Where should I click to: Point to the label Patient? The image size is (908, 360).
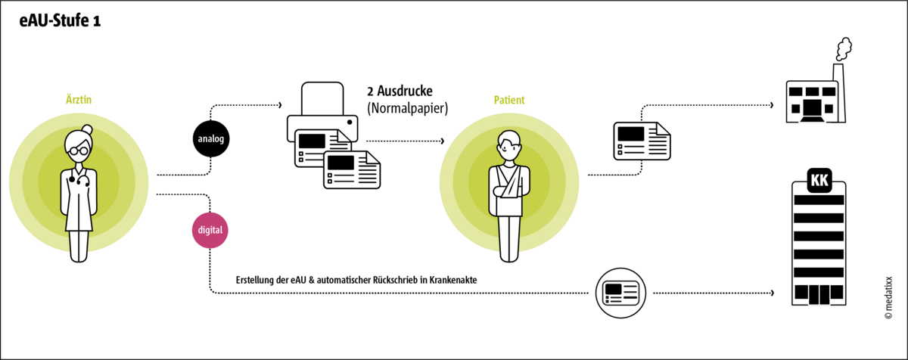509,100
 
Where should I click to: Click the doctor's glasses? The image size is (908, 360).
79,150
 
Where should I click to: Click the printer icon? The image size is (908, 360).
322,113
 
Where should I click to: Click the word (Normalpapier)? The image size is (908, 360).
408,109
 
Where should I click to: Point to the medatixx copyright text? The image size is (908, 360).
890,299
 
